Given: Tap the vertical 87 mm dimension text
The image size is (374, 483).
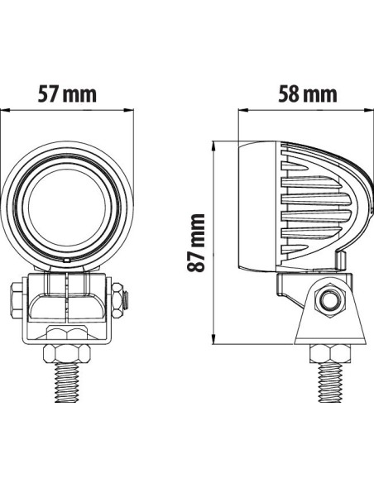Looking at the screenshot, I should click(195, 242).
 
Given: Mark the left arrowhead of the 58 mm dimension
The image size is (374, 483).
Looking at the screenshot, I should click(242, 110).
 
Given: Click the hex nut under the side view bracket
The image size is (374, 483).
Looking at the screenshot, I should click(329, 353).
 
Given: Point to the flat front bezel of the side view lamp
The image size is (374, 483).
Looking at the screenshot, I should click(245, 207).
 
